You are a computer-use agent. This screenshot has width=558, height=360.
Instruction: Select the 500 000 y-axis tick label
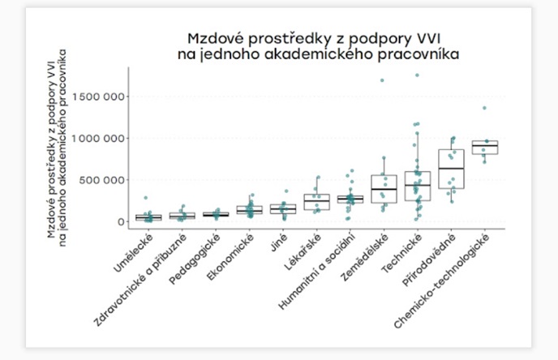[103, 180]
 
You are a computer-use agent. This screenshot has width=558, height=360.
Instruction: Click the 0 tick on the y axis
[120, 221]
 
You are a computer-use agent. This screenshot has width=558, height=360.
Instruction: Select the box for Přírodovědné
[451, 169]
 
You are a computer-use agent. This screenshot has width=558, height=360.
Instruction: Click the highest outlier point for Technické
[417, 75]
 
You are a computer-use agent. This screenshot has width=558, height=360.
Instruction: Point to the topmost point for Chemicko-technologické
[485, 108]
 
